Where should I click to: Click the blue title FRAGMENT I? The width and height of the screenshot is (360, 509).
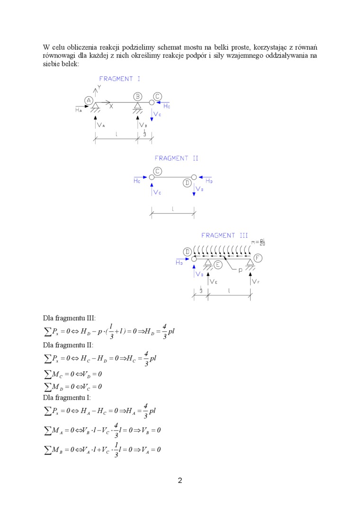click(x=119, y=79)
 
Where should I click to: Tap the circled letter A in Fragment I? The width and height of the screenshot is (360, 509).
click(x=89, y=100)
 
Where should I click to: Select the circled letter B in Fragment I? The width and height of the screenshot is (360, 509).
click(x=137, y=96)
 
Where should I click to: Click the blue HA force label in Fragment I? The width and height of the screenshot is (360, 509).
click(x=79, y=110)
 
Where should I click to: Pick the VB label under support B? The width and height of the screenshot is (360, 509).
click(x=144, y=125)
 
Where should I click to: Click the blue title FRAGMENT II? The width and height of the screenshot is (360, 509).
click(x=177, y=159)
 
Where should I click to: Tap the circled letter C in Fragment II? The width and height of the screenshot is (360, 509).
click(x=158, y=171)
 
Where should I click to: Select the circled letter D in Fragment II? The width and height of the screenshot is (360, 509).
click(x=188, y=182)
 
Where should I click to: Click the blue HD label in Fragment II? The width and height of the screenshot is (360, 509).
click(x=209, y=180)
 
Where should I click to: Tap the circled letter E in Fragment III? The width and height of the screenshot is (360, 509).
click(x=218, y=265)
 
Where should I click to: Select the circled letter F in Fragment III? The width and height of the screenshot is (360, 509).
click(x=258, y=258)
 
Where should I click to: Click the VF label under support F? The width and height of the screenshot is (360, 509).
click(x=256, y=282)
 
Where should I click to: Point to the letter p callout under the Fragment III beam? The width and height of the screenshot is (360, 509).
click(x=240, y=270)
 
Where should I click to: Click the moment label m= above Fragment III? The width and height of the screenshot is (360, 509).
click(x=258, y=243)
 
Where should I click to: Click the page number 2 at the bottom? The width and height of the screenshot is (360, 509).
click(x=180, y=481)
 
